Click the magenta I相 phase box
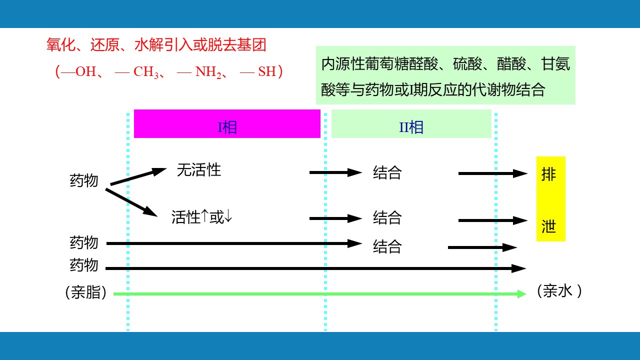tap(227, 124)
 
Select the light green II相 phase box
tap(411, 124)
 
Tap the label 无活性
tap(198, 170)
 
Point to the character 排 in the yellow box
tap(549, 174)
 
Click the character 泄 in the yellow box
tap(549, 226)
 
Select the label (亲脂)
tap(86, 293)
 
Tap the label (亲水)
tap(559, 291)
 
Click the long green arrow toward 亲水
tap(320, 294)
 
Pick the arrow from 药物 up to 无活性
tap(138, 177)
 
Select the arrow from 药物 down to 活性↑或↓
tap(132, 202)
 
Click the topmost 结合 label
tap(387, 172)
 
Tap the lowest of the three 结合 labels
tap(387, 246)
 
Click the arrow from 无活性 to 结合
tap(335, 172)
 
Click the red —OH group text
tap(78, 72)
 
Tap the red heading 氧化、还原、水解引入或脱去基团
tap(156, 45)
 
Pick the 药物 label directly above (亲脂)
tap(84, 265)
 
